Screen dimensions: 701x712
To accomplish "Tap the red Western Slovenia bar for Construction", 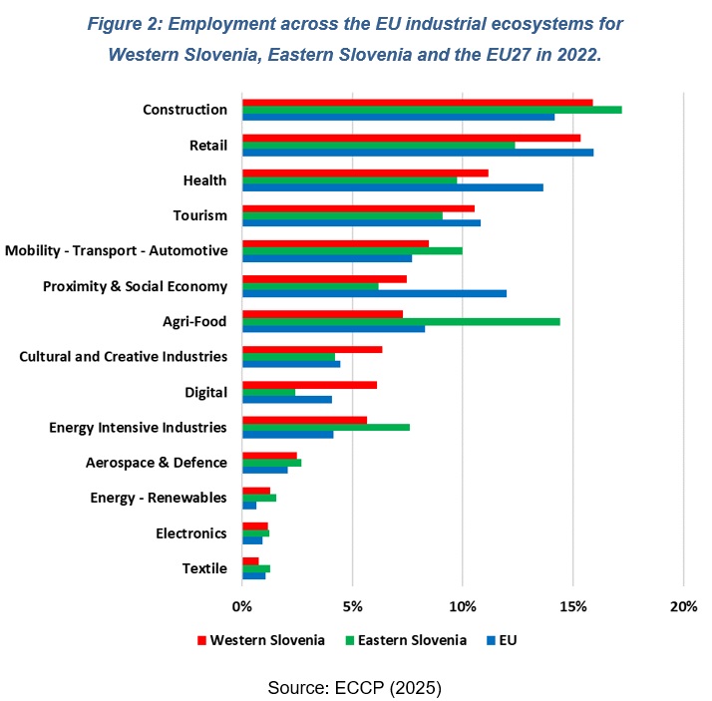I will pyautogui.click(x=418, y=102).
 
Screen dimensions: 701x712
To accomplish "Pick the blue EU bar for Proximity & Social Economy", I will pyautogui.click(x=374, y=293).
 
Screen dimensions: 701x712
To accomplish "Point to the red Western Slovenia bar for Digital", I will pyautogui.click(x=309, y=385).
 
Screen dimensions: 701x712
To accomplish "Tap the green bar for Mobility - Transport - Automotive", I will pyautogui.click(x=352, y=250).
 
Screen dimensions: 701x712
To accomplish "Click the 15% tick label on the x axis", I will pyautogui.click(x=572, y=607).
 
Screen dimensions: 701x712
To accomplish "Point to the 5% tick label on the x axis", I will pyautogui.click(x=352, y=607).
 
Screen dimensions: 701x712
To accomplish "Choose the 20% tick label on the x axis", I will pyautogui.click(x=683, y=607).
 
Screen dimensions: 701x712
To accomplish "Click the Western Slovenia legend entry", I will pyautogui.click(x=261, y=640).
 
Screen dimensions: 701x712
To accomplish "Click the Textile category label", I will pyautogui.click(x=204, y=568).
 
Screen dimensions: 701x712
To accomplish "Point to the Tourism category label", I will pyautogui.click(x=199, y=215).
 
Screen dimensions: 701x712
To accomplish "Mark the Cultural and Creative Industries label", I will pyautogui.click(x=124, y=356).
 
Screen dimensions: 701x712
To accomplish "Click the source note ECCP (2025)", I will pyautogui.click(x=354, y=688).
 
